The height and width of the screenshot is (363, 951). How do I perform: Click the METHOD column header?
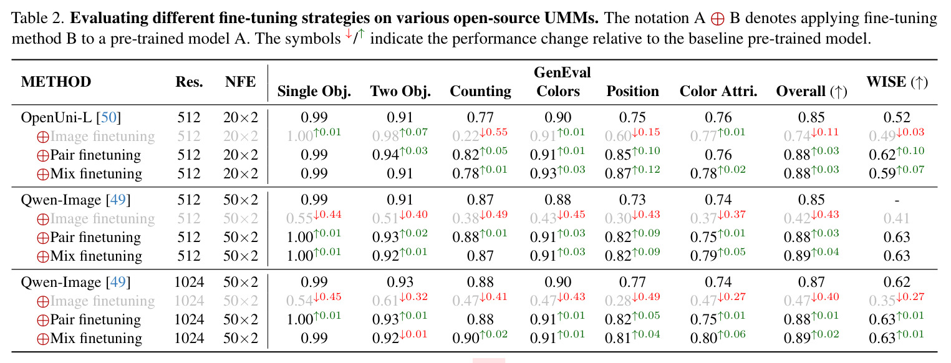(56, 82)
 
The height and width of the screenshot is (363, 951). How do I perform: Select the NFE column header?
(240, 82)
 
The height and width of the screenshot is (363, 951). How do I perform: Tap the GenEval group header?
(562, 72)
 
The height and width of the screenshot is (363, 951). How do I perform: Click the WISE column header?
(897, 82)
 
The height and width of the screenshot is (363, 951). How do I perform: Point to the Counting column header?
(480, 91)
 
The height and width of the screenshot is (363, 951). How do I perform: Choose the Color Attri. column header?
(718, 91)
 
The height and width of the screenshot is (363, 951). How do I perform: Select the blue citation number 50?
(109, 117)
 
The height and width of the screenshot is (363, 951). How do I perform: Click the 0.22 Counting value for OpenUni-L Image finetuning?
(465, 137)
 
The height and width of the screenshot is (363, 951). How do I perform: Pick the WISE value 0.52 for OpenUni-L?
(897, 117)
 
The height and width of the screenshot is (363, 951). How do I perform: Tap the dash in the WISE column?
(897, 200)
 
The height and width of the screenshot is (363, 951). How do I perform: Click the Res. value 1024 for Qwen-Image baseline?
(189, 282)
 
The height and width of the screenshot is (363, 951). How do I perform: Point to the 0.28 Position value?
(618, 301)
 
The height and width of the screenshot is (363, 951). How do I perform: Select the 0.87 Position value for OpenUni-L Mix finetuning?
(618, 173)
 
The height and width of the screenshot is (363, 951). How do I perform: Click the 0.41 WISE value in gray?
(897, 218)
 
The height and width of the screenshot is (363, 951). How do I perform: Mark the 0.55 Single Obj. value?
(299, 219)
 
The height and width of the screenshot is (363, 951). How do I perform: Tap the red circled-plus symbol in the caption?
(718, 19)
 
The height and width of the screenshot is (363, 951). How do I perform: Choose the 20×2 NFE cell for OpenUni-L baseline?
(240, 117)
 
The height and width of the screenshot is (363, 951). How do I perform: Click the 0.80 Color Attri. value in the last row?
(703, 339)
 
